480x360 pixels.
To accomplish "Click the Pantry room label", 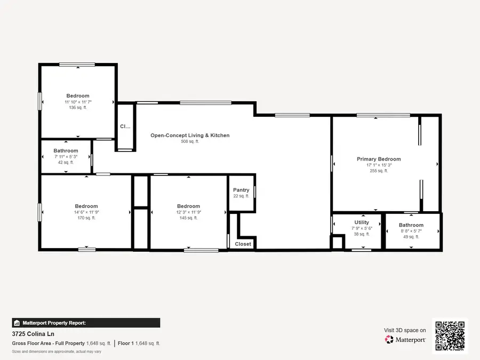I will (x=241, y=190).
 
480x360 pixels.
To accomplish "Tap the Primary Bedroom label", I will (x=379, y=159).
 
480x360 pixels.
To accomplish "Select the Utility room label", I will (x=362, y=222).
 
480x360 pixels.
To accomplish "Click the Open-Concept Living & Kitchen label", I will (x=190, y=135).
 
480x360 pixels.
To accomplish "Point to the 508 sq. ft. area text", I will (x=190, y=142).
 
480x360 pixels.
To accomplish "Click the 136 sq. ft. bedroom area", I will (x=77, y=108).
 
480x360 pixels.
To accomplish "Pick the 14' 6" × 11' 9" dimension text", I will (x=86, y=212).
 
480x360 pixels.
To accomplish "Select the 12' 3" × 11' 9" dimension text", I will (x=188, y=212).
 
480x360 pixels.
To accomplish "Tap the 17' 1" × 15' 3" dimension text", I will (x=379, y=165).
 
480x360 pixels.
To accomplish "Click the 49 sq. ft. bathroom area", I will (x=411, y=237).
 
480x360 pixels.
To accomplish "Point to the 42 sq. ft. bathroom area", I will (x=66, y=163).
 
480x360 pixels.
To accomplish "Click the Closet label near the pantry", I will (x=243, y=244).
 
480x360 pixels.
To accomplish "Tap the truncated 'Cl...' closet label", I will (x=125, y=126).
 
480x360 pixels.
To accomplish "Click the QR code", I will (x=450, y=336).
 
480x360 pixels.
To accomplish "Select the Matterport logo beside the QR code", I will (x=405, y=339).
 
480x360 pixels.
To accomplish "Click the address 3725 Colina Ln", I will (x=33, y=334).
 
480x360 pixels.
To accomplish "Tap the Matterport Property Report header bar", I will (x=86, y=323).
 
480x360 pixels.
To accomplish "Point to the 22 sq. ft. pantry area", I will (x=241, y=196).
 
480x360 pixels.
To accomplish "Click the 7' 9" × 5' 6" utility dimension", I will (x=362, y=228).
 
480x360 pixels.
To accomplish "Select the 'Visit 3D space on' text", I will (x=405, y=331).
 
